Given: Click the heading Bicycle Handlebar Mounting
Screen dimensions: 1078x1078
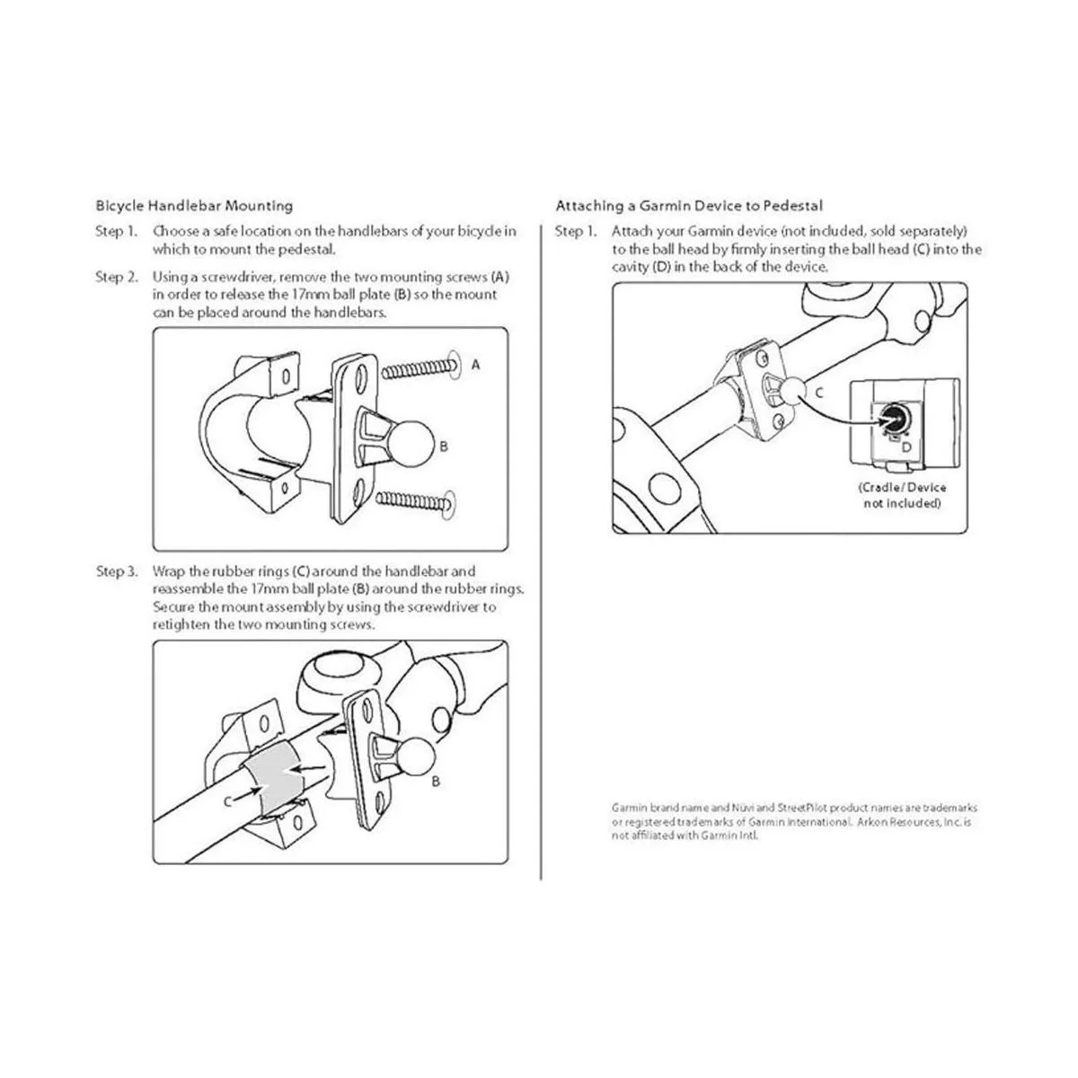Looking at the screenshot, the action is (194, 206).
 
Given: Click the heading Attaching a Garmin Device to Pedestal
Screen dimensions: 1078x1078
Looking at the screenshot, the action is (689, 206).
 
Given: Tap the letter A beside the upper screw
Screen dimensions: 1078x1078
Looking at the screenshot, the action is (475, 365).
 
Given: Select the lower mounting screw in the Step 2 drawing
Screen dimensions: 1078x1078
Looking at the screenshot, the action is (415, 502).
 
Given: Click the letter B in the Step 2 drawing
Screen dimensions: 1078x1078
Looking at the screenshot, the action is (444, 446).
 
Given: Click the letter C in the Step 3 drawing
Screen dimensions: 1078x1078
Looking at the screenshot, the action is (227, 801).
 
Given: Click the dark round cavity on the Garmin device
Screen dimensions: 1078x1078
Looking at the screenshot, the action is (890, 419).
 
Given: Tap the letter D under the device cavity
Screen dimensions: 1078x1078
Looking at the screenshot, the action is (906, 447).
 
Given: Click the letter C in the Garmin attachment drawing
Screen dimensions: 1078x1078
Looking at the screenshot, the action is (819, 393).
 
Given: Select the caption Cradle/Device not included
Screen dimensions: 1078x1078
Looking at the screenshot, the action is (902, 495).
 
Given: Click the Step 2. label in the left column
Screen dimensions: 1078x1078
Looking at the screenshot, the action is (117, 278).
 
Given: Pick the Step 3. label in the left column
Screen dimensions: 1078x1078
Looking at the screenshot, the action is (117, 571).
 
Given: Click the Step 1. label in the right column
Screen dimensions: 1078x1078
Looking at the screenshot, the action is (576, 232).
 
